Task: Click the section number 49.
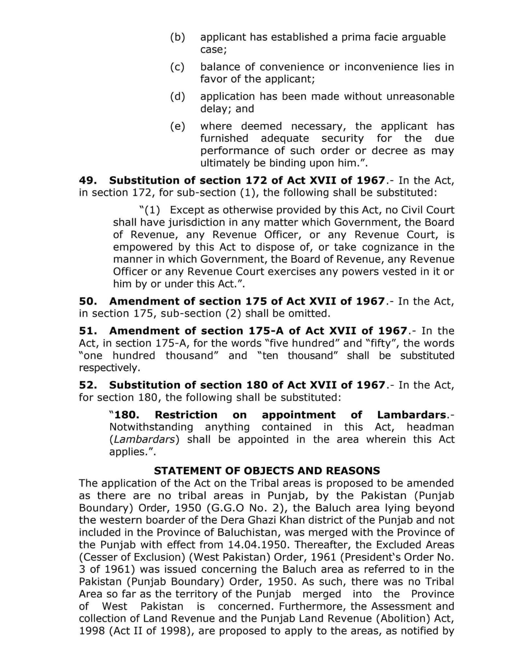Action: click(88, 180)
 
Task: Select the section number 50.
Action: click(88, 301)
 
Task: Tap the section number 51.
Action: click(88, 331)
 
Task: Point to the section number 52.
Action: click(88, 385)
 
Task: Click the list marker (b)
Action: click(177, 37)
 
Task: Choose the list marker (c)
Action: click(177, 67)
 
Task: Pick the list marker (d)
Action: click(177, 96)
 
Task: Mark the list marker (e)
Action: click(177, 126)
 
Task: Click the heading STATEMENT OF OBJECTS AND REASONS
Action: click(267, 471)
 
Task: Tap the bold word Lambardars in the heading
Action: click(412, 415)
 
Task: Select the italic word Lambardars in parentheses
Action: click(144, 439)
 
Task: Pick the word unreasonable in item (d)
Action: click(420, 96)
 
